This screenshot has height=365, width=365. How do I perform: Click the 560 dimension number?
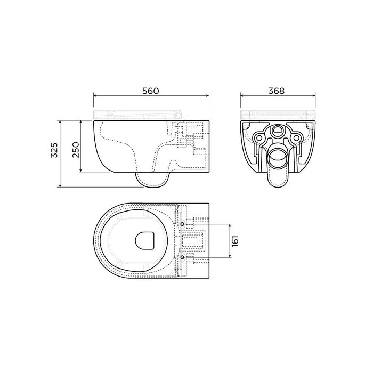[x=151, y=91]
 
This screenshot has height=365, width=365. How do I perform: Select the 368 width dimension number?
[x=277, y=91]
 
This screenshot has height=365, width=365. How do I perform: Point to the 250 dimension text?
[x=75, y=147]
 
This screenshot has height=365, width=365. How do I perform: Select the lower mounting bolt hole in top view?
[x=183, y=257]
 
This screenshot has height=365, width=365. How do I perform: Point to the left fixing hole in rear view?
[x=259, y=137]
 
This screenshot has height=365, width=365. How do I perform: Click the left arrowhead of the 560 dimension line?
[x=95, y=97]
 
